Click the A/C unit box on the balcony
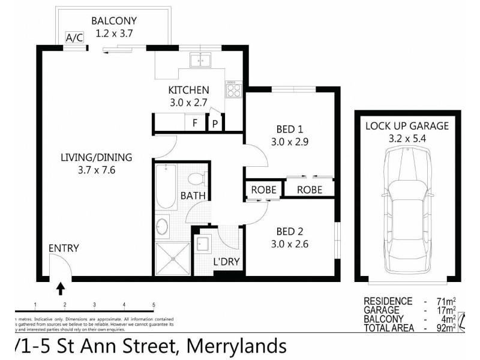74,38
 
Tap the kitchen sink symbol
200,59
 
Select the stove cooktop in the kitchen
233,90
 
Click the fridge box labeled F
195,123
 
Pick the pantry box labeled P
214,124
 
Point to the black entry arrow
61,289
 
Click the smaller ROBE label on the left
263,190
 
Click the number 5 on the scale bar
154,304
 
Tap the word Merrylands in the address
236,346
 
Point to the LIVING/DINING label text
96,158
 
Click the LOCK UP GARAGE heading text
407,125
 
